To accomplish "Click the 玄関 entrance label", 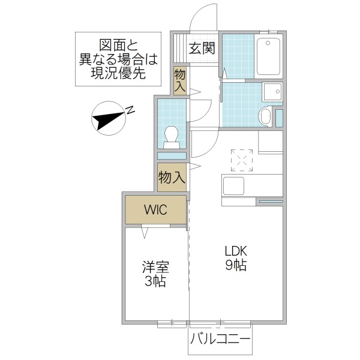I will tap(202, 48).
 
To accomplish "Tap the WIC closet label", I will tap(155, 209).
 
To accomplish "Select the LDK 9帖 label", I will tap(236, 258).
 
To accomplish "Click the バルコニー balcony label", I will tap(220, 339).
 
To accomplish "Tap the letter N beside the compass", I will tap(130, 110).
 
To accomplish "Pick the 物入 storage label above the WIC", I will tap(171, 178).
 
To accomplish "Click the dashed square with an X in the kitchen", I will tap(243, 160).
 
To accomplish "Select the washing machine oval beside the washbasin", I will tap(265, 116).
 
